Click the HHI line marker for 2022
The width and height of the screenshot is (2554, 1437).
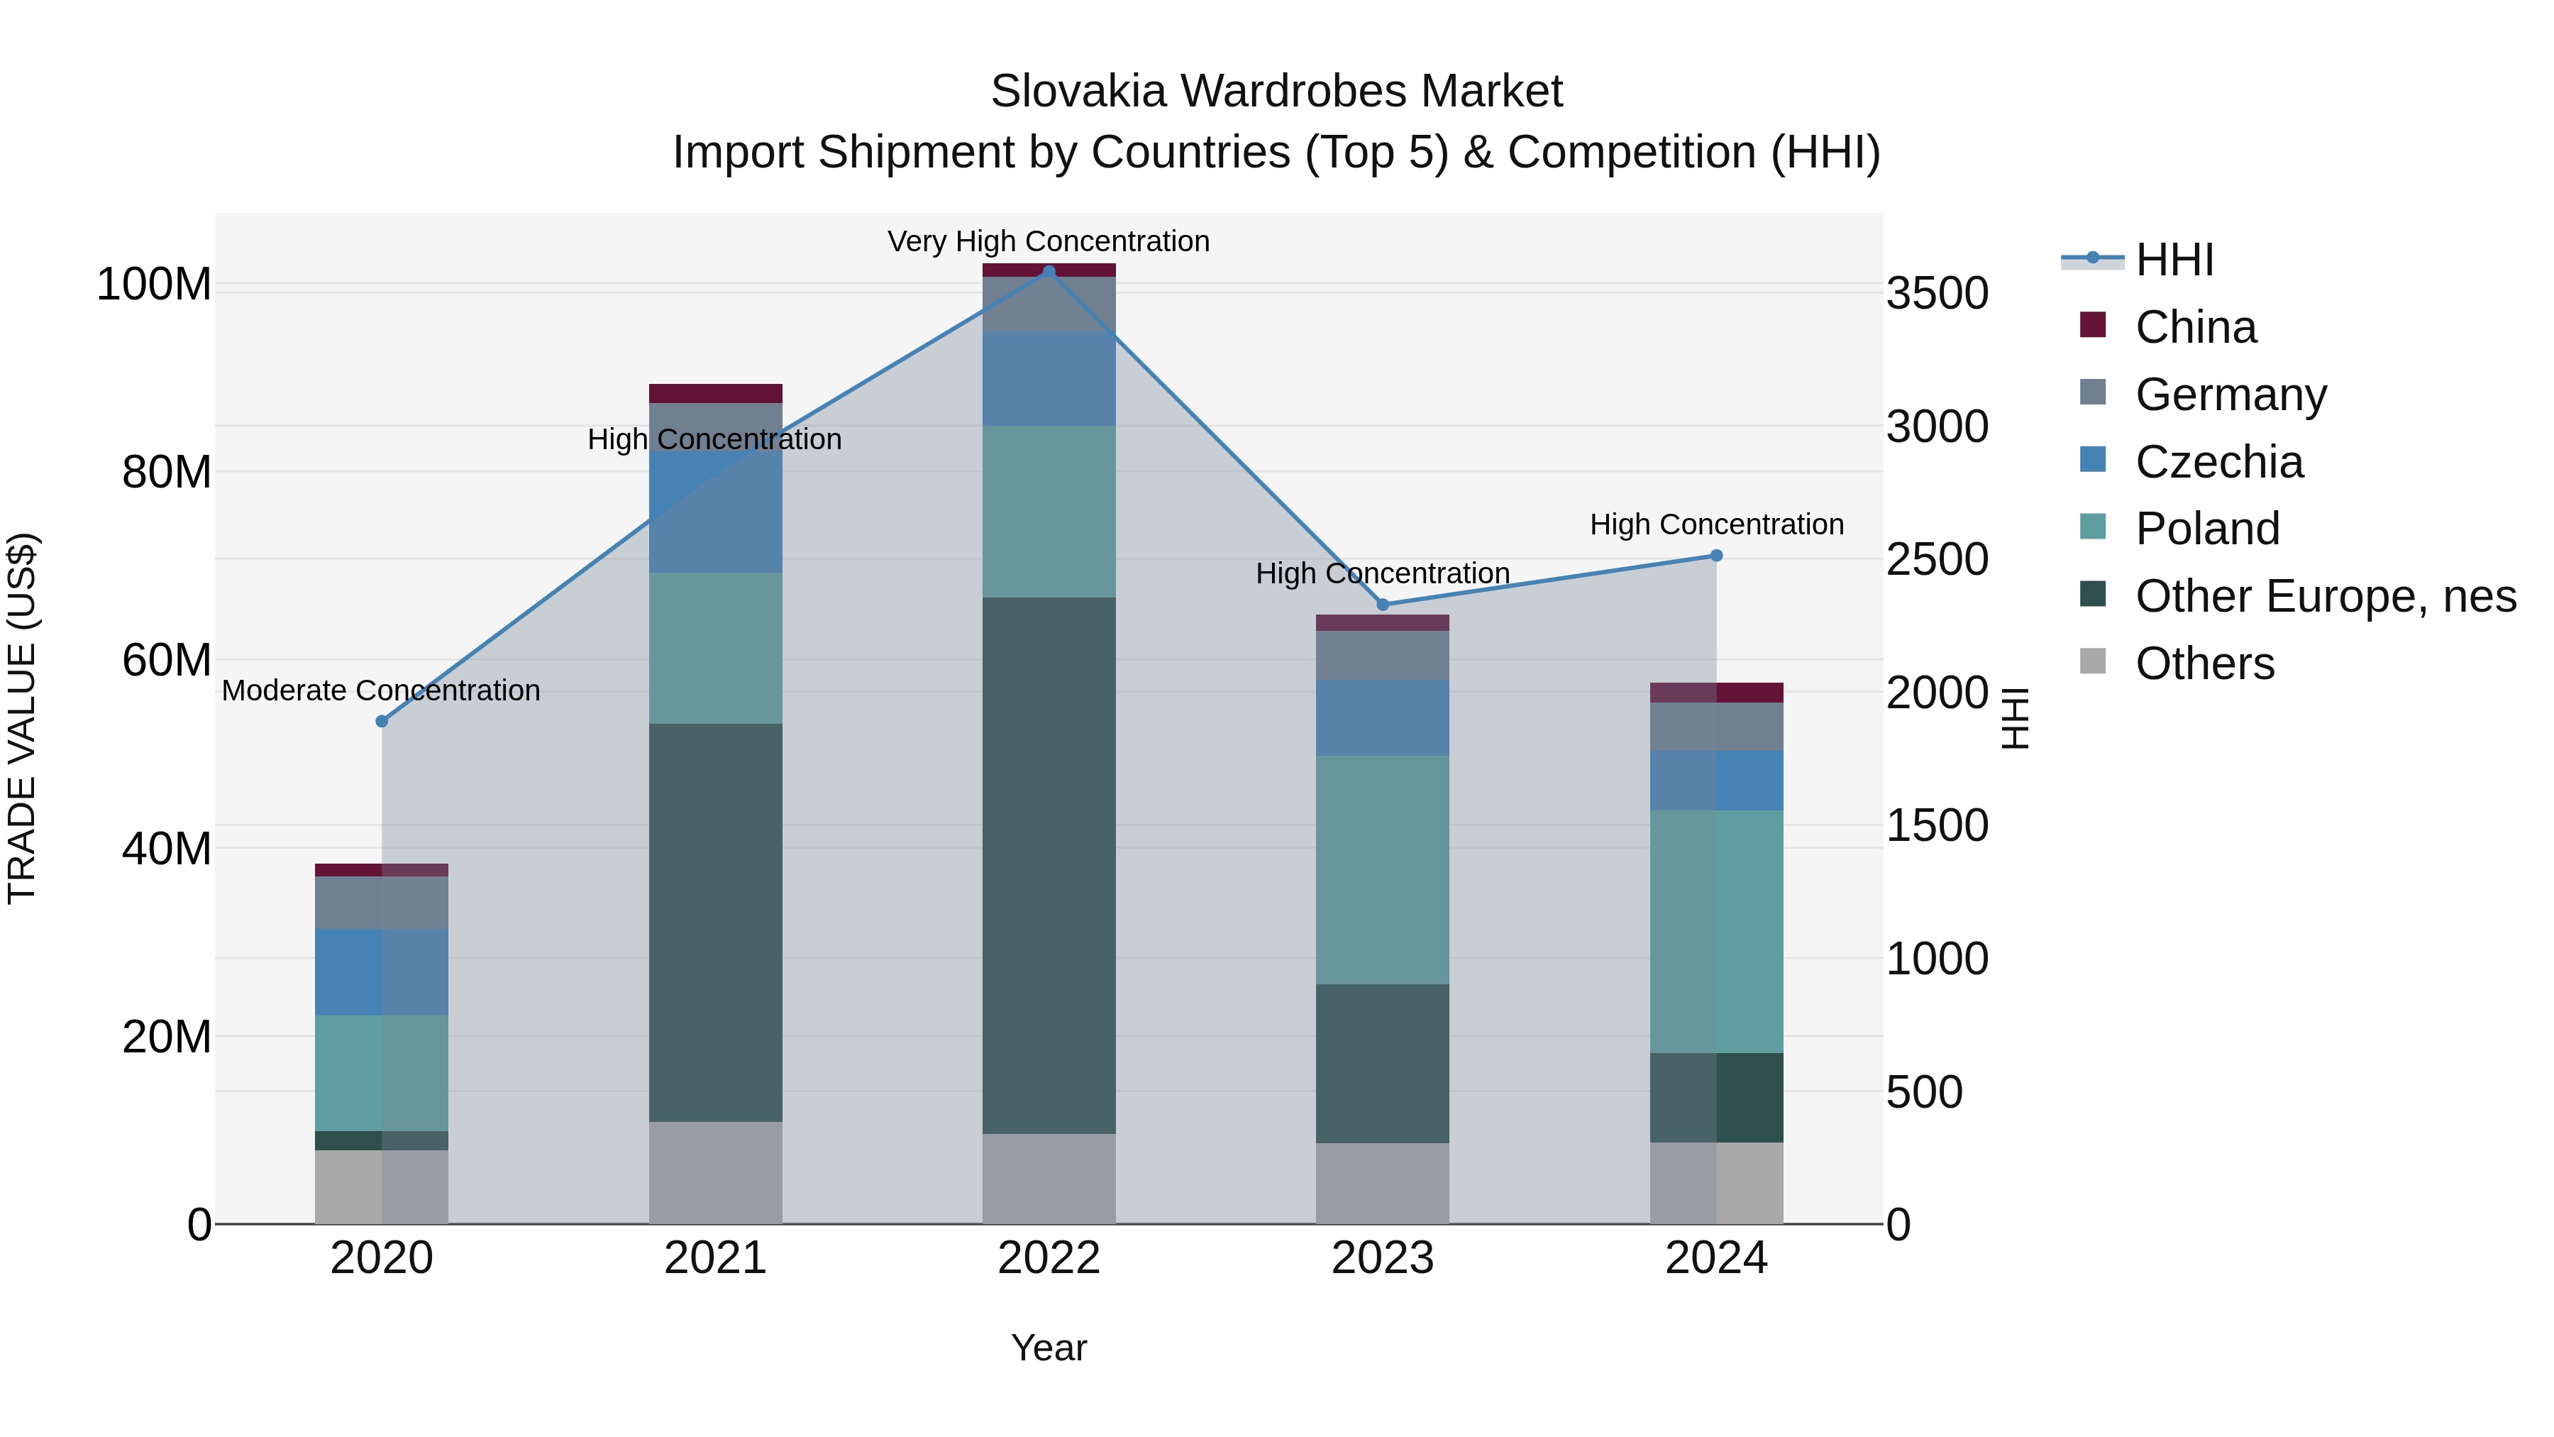coord(1049,272)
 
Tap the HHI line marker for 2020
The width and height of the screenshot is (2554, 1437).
coord(382,721)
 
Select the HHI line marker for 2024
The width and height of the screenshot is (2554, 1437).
coord(1716,556)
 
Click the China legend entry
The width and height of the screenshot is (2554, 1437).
coord(2195,327)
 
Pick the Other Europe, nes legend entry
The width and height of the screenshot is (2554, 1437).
coord(2325,596)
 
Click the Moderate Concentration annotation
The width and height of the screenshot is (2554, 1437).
coord(381,690)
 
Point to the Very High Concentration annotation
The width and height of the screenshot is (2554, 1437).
coord(1048,241)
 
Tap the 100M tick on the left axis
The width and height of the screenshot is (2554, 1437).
coord(154,285)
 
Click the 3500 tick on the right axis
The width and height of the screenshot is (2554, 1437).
coord(1936,294)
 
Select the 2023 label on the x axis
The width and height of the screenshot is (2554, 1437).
coord(1382,1258)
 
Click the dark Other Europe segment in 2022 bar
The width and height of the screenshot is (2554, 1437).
coord(1049,863)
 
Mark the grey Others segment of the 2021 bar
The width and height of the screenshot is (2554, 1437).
coord(715,1172)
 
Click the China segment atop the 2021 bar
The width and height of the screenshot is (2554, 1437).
coord(715,392)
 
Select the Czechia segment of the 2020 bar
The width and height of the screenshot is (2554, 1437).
coord(382,972)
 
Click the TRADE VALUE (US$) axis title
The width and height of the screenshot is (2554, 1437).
coord(22,718)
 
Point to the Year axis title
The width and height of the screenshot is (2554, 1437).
coord(1048,1348)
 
